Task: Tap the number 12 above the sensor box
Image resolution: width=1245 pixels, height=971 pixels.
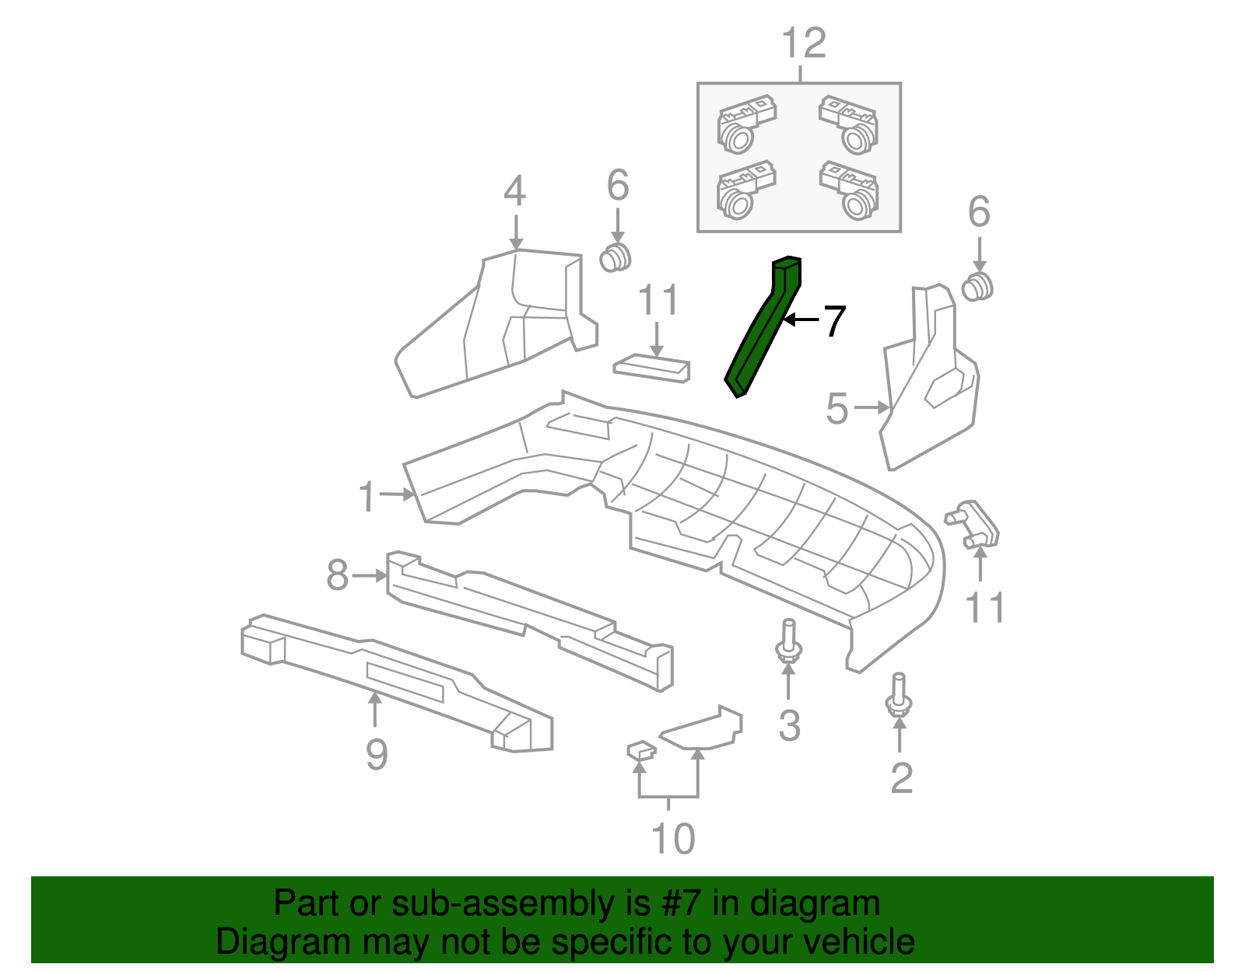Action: (x=803, y=44)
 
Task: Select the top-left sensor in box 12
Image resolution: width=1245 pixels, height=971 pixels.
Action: (x=745, y=123)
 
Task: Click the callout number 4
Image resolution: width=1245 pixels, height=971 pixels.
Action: (x=514, y=191)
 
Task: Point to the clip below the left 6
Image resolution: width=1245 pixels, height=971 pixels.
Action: (x=616, y=257)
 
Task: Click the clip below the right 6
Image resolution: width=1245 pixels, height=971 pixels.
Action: (x=978, y=286)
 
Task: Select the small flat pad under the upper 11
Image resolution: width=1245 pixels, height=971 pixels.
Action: (x=652, y=368)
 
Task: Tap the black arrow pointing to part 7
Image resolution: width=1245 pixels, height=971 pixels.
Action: (x=801, y=320)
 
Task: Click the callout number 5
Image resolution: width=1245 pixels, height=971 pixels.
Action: (x=836, y=409)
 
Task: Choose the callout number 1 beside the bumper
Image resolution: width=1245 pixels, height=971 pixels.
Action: (x=366, y=497)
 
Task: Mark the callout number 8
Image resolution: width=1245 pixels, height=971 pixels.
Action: (x=337, y=576)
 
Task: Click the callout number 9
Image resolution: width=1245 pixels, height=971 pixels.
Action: (x=377, y=754)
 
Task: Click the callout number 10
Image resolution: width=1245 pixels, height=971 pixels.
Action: (x=672, y=839)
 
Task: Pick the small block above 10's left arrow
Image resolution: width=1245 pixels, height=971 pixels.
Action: (x=640, y=750)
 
